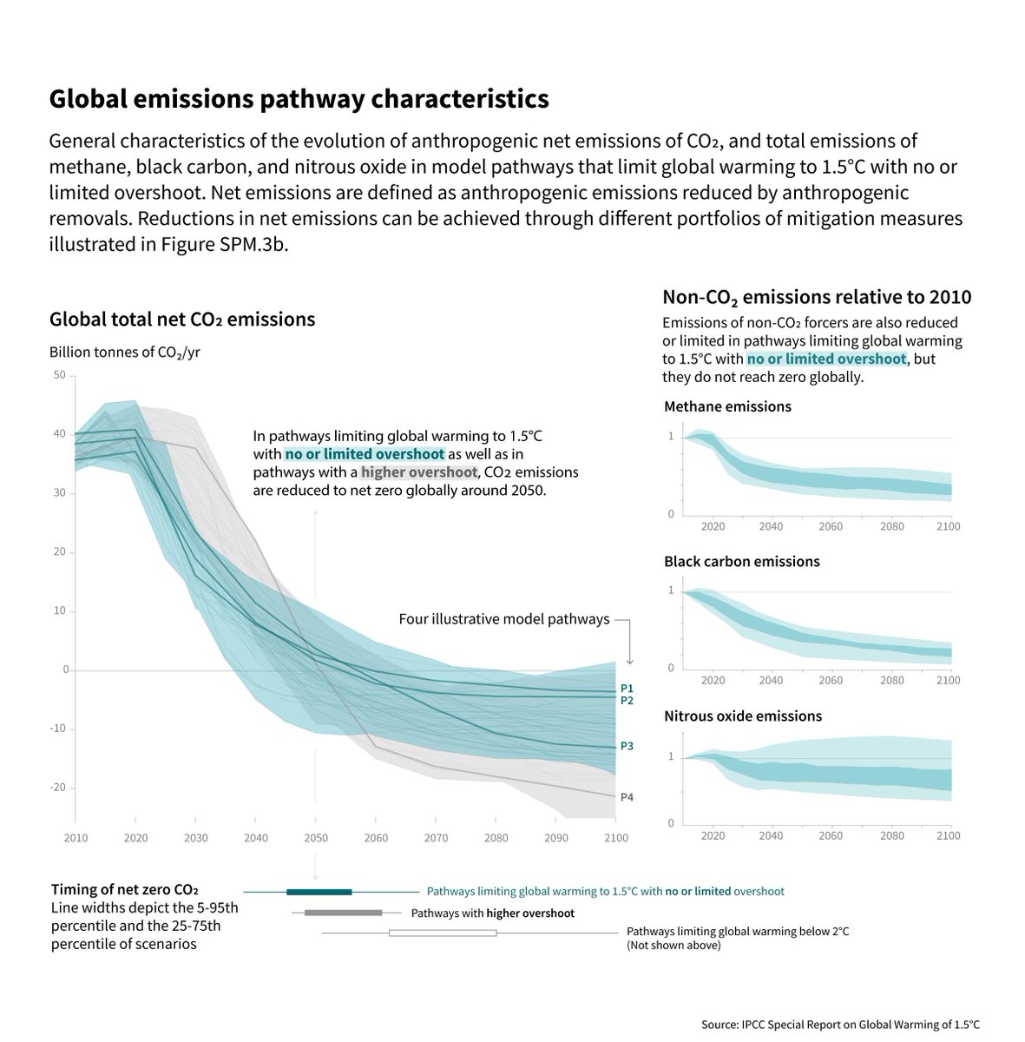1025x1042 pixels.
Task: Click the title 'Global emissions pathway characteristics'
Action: (x=299, y=99)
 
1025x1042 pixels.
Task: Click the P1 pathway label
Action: (x=627, y=689)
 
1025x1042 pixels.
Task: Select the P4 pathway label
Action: (x=627, y=796)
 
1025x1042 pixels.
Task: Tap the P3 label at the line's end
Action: (x=627, y=746)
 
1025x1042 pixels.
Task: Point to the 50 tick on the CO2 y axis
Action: (x=59, y=375)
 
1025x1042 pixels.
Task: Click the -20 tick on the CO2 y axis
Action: (x=57, y=788)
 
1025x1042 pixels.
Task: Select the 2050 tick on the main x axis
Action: (x=315, y=838)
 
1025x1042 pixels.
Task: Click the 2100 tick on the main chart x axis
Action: (x=614, y=838)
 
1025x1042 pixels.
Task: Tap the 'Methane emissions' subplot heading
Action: (x=727, y=406)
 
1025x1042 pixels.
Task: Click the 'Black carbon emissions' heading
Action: (x=741, y=562)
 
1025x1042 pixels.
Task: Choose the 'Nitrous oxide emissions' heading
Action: (x=743, y=716)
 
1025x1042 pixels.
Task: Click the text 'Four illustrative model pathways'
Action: (x=504, y=619)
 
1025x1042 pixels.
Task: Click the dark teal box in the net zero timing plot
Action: (x=319, y=892)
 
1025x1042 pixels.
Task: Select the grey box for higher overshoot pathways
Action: (x=344, y=913)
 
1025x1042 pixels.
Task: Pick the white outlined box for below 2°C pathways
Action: (x=443, y=933)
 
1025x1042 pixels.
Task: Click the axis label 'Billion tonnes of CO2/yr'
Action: (x=125, y=352)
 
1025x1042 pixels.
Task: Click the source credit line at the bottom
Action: (x=840, y=1025)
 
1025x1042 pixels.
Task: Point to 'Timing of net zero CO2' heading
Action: (x=125, y=890)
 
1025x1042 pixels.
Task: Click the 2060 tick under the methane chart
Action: (x=831, y=526)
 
